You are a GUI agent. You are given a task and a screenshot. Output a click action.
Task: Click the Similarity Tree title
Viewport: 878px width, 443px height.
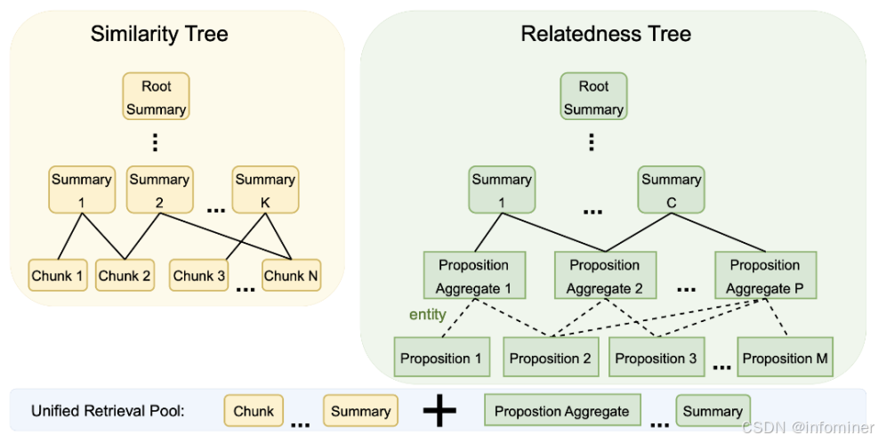coord(159,34)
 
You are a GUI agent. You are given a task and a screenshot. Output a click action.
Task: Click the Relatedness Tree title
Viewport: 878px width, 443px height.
coord(606,34)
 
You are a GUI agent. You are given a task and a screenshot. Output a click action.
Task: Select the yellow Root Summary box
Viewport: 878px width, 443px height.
coord(157,96)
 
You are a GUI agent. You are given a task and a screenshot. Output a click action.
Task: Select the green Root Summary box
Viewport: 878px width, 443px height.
coord(593,96)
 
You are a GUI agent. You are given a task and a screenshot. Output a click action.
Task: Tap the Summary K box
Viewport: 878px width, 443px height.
coord(265,189)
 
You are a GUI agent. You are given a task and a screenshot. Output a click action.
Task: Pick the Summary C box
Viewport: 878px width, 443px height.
coord(672,189)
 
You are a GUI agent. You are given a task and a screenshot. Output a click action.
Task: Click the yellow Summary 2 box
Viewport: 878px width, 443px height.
coord(159,189)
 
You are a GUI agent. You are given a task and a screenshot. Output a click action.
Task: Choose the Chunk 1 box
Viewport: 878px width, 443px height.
coord(58,275)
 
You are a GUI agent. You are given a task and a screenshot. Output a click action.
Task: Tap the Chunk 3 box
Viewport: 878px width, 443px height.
coord(198,275)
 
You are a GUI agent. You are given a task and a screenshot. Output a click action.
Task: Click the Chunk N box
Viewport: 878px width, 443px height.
coord(291,275)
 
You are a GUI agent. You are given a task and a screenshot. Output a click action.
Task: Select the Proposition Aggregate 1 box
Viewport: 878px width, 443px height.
coord(474,275)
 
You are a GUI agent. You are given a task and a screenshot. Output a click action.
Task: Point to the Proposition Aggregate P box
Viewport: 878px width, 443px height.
coord(765,275)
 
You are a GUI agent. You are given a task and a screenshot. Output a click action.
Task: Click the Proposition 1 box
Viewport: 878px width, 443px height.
coord(442,357)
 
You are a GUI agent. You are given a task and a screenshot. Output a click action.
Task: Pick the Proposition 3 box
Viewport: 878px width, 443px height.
coord(656,357)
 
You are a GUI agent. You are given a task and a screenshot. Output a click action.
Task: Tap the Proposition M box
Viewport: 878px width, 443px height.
coord(785,357)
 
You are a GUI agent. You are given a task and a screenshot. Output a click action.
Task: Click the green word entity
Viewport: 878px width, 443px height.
coord(427,315)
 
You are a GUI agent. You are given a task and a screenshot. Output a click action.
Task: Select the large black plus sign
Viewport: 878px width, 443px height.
coord(439,410)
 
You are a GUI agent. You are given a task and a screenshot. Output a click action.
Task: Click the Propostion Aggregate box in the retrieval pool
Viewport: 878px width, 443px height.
coord(562,411)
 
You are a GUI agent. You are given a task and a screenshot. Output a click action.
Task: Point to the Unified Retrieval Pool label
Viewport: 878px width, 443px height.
coord(108,411)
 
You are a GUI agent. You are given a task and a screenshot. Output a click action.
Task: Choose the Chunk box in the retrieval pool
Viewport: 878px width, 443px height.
coord(254,411)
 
